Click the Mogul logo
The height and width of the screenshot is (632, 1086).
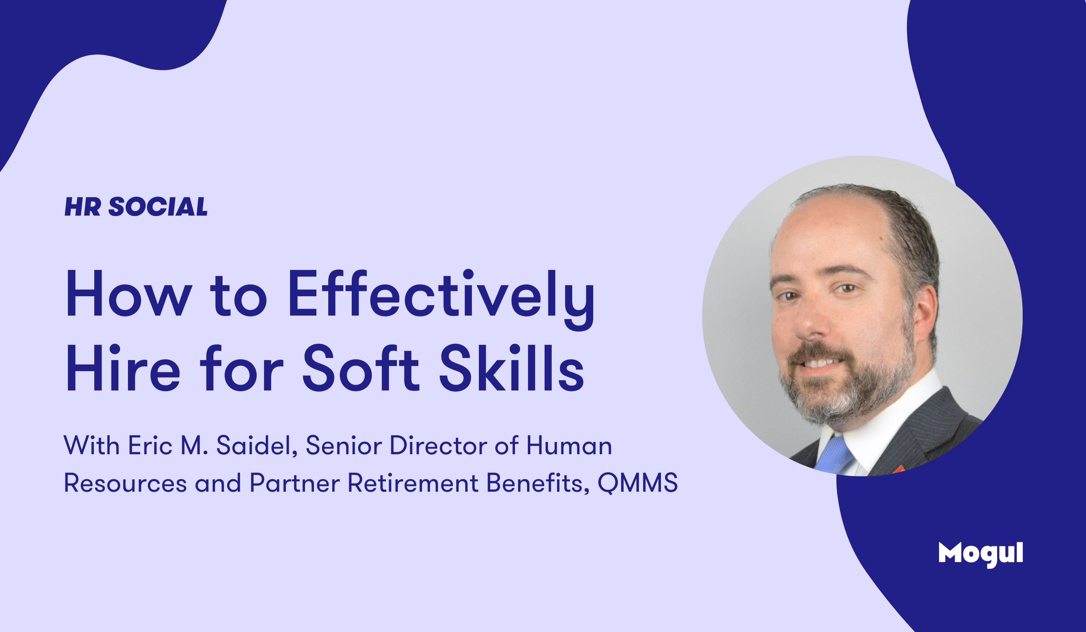[x=980, y=554]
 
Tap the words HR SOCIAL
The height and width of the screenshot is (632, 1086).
[x=136, y=207]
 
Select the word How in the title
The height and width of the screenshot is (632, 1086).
[x=128, y=294]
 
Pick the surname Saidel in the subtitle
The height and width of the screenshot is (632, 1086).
[x=257, y=445]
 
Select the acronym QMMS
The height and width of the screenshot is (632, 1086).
[x=637, y=483]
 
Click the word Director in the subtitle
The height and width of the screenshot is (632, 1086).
[x=438, y=445]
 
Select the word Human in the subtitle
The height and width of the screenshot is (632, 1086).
[x=569, y=445]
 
